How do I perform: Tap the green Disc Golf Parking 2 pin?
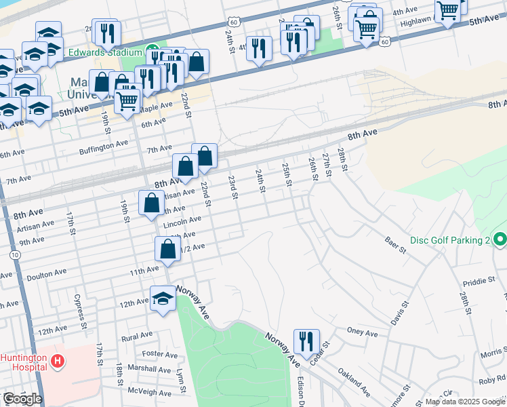(x=500, y=240)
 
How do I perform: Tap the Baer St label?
(x=395, y=246)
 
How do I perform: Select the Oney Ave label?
(x=362, y=333)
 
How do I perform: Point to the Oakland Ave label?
(x=355, y=381)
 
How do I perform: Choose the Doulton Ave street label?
(x=46, y=273)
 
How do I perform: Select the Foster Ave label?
(x=160, y=354)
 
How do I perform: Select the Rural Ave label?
(x=136, y=336)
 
